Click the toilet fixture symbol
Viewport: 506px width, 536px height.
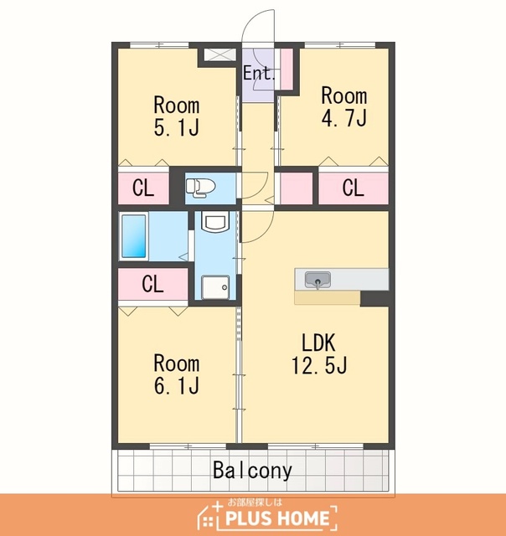(x=200, y=188)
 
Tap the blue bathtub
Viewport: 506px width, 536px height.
(x=134, y=236)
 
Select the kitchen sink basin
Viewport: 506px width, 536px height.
(x=318, y=280)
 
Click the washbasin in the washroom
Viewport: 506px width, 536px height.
(x=214, y=221)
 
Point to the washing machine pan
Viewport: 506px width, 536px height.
(x=215, y=287)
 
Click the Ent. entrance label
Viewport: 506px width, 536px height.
(x=259, y=73)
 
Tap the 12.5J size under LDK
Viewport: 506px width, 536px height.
(x=319, y=365)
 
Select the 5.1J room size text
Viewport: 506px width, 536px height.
(x=177, y=128)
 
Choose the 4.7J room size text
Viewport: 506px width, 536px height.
(x=344, y=118)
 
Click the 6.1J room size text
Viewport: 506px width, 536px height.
(x=177, y=385)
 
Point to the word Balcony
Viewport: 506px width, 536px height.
(x=252, y=471)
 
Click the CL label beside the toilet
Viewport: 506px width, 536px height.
(x=143, y=188)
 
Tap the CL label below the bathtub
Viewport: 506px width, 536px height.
(x=152, y=284)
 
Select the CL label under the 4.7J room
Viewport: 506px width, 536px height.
(x=354, y=188)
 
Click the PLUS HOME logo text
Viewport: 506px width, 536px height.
(x=277, y=518)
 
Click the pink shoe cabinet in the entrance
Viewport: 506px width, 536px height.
(x=287, y=70)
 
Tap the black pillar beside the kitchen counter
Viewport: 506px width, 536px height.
(x=374, y=298)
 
